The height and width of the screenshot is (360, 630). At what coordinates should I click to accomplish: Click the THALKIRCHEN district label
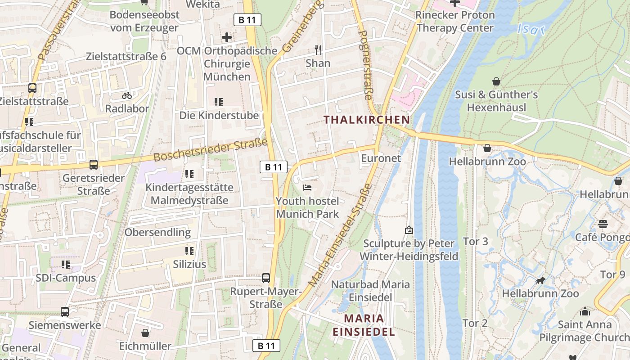pos(367,120)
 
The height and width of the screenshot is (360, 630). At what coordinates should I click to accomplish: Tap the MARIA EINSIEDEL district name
pos(364,325)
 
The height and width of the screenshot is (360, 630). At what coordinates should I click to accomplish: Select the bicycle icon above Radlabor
pos(127,95)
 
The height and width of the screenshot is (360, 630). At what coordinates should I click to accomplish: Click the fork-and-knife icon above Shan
pos(318,49)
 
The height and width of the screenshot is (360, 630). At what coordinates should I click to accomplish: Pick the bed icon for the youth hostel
pos(307,187)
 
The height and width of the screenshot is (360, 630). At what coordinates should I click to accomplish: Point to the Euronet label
pos(381,158)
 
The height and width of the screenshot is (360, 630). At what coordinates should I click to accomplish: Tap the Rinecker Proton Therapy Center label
pos(455,21)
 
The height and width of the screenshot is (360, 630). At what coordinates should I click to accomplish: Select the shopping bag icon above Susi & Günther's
pos(496,81)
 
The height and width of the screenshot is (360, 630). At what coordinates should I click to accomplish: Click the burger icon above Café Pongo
pos(603,224)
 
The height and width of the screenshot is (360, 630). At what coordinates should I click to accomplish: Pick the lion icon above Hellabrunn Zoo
pos(540,281)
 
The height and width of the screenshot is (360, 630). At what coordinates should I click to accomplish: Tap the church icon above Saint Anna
pos(585,311)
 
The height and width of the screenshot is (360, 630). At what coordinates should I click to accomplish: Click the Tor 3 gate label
pos(475,241)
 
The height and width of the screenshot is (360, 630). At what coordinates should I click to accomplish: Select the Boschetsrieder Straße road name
pos(211,150)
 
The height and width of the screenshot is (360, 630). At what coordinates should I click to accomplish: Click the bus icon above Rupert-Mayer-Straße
pos(266,278)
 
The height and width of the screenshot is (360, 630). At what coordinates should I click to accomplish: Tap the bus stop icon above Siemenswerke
pos(65,311)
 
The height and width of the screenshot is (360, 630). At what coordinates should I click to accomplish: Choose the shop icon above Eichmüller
pos(145,333)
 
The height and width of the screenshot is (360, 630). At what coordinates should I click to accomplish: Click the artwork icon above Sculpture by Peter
pos(409,230)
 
